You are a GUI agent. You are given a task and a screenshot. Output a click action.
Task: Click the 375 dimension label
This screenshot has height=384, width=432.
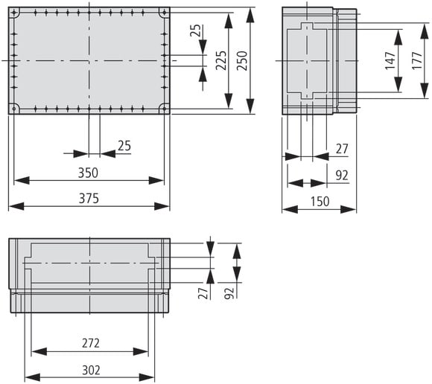[x=89, y=199]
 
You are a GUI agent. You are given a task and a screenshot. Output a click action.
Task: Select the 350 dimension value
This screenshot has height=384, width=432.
[x=88, y=173]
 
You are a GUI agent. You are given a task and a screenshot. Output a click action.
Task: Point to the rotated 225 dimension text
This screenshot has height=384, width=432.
[x=221, y=60]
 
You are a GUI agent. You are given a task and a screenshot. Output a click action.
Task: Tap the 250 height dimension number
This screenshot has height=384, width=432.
[x=242, y=60]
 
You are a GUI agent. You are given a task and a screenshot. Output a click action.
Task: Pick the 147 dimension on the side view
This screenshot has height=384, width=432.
[x=390, y=60]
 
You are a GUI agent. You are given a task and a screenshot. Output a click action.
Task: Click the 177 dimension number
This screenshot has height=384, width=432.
[x=417, y=60]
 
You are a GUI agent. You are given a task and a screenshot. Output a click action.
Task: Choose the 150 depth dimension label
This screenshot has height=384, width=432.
[x=320, y=202]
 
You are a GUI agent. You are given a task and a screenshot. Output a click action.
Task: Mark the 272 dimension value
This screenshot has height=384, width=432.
[x=91, y=343]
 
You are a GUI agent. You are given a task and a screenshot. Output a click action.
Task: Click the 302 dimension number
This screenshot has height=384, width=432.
[x=91, y=371]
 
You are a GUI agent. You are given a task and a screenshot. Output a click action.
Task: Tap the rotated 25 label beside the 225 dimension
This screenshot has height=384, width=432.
[x=195, y=31]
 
